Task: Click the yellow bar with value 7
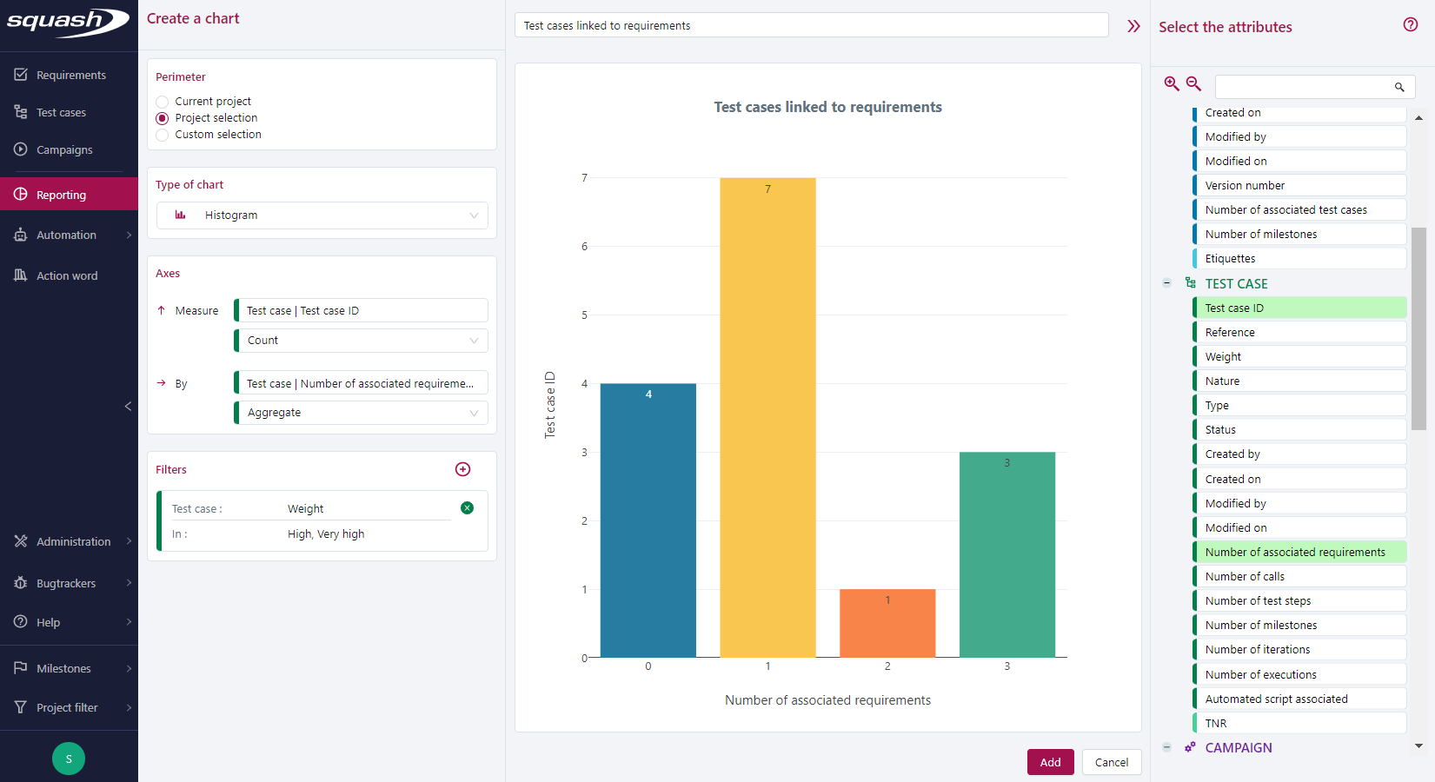pos(767,417)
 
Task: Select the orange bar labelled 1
pos(887,623)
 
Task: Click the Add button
pos(1050,762)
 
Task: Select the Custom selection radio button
pos(163,135)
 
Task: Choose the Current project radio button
pos(163,102)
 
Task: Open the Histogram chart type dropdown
pos(322,215)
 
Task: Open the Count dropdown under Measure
pos(362,341)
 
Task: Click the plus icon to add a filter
pos(462,469)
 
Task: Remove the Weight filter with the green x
pos(467,508)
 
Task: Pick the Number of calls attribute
pos(1245,576)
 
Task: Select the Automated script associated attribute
pos(1276,699)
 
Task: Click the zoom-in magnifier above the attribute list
pos(1172,83)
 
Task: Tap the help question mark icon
pos(1410,24)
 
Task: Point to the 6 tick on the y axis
pos(584,247)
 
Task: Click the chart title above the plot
pos(827,107)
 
